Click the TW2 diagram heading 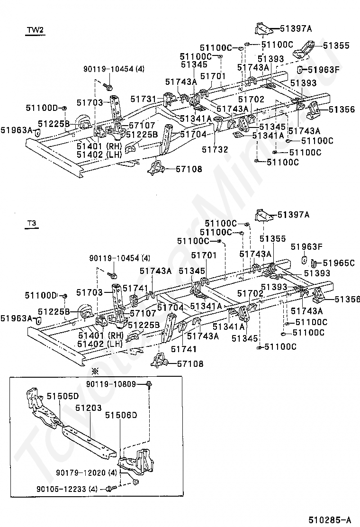[35, 30]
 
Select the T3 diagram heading [32, 224]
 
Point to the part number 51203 [88, 408]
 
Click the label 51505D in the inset [63, 396]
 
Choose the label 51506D [121, 415]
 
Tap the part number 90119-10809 [111, 384]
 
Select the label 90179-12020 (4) [86, 473]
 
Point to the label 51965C [338, 263]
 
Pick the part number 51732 [215, 149]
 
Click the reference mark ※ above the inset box [96, 372]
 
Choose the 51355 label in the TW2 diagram [336, 45]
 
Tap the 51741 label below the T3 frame [184, 349]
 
